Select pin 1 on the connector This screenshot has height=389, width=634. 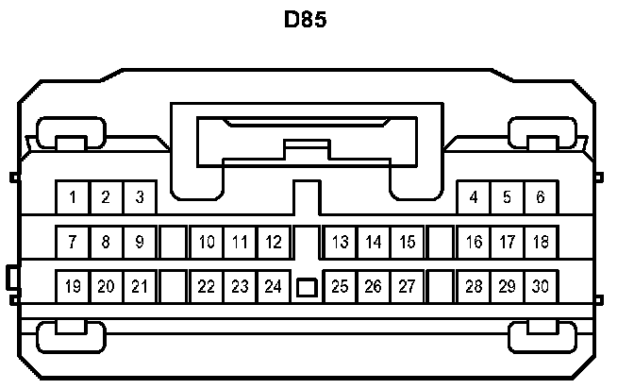[x=73, y=197]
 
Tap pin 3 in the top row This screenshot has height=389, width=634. [x=140, y=197]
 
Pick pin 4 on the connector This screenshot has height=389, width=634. [x=474, y=197]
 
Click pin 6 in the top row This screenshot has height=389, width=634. [x=541, y=197]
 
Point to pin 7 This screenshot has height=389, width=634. [x=73, y=242]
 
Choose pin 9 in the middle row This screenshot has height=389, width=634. [x=140, y=242]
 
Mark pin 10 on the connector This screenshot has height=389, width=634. [x=207, y=242]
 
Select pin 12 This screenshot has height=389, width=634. [x=274, y=242]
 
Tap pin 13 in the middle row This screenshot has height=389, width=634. [x=341, y=242]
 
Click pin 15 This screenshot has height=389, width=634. [x=408, y=242]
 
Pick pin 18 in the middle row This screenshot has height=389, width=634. [x=541, y=242]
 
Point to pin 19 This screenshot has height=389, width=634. [x=73, y=286]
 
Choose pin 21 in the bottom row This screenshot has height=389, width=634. [x=140, y=286]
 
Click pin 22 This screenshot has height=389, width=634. [x=207, y=286]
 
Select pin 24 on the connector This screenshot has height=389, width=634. [x=274, y=286]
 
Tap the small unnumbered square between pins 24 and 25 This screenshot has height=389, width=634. [x=307, y=287]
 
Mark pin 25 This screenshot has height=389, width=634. [x=341, y=286]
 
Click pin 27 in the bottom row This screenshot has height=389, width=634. [x=408, y=286]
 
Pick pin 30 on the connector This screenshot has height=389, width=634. [x=541, y=286]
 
